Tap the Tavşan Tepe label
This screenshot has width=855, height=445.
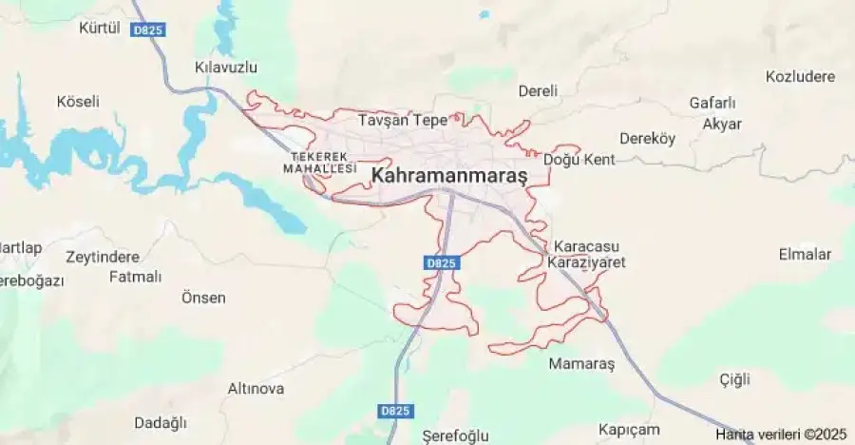click(402, 121)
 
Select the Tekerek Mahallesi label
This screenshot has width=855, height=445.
click(319, 162)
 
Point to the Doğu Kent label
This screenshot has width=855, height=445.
click(579, 160)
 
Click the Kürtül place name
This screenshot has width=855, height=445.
click(100, 28)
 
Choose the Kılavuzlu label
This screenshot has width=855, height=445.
click(225, 68)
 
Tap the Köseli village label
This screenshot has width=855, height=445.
click(78, 101)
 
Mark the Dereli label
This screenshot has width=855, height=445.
click(538, 91)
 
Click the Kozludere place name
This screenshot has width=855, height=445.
click(800, 76)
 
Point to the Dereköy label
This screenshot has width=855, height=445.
click(647, 139)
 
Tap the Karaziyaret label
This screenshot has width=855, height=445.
click(586, 262)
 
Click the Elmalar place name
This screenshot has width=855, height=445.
click(805, 255)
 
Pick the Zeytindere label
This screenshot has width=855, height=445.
click(103, 257)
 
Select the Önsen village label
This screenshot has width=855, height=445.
click(203, 298)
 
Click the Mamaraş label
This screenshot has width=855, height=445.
click(582, 363)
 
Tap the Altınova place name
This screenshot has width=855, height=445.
click(256, 389)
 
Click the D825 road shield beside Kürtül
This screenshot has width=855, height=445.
click(149, 30)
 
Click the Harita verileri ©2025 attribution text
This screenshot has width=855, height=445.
click(781, 435)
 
